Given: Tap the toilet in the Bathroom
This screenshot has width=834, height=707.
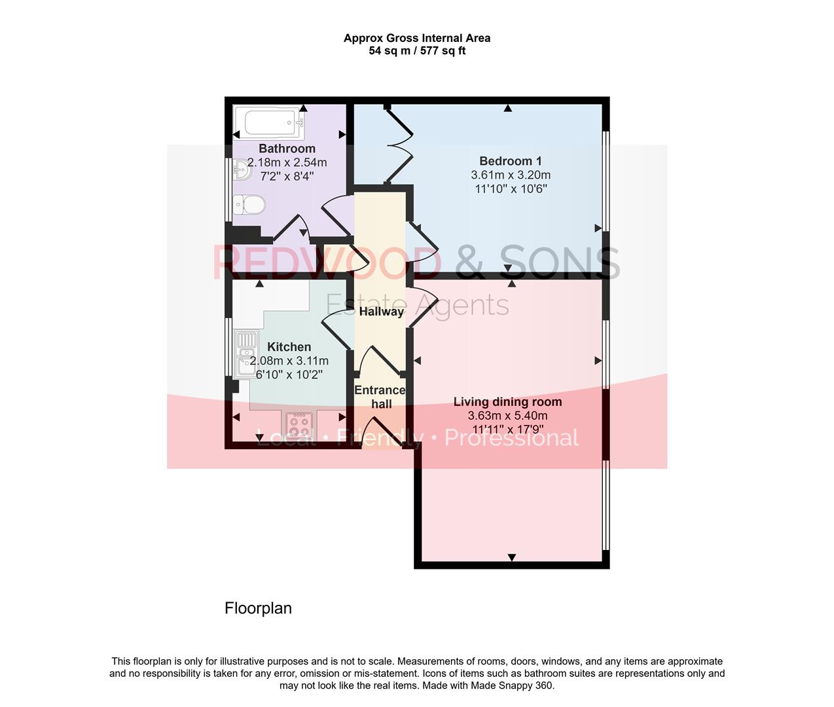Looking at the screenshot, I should point(249,205).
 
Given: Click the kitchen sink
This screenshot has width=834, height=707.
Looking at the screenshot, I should point(246,354).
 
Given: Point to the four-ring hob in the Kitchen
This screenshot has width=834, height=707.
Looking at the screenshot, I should point(299,426).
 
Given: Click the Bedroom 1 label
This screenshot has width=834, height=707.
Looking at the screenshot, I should point(511,161).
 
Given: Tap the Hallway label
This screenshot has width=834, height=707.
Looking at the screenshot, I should point(381,312).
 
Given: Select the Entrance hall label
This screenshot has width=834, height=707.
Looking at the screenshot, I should point(380,397).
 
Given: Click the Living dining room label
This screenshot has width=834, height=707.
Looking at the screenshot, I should point(507,402).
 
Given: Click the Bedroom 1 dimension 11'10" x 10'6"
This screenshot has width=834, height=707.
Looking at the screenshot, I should point(511,189).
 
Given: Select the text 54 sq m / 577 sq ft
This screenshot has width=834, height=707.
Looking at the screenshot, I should point(417,51).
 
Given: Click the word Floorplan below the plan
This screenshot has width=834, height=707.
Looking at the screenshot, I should point(258,608).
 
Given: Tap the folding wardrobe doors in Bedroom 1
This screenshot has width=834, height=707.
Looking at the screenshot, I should point(400,145).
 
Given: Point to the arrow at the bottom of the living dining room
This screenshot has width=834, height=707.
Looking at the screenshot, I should point(512,557).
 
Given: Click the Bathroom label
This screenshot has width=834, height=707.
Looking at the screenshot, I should point(287,149).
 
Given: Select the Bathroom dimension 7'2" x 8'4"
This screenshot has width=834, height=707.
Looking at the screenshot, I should point(287,176).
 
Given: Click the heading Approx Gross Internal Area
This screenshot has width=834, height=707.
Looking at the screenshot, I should point(417,38).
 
